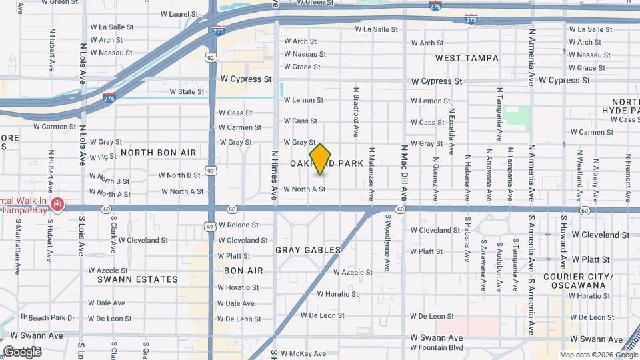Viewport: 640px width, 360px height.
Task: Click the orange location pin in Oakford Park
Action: point(321,159)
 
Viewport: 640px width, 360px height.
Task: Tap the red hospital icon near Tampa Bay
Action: point(58,203)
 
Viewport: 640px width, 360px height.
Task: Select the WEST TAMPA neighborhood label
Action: point(467,58)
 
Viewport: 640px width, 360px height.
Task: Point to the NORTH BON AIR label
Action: point(159,153)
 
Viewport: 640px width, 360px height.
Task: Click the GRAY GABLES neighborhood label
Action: point(308,250)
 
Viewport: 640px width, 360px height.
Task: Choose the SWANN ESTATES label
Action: point(137,279)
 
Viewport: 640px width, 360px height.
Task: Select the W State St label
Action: point(187,91)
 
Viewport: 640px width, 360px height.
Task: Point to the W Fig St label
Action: point(103,157)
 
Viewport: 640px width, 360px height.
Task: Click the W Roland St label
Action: point(238,225)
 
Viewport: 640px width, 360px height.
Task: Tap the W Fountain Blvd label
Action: point(437,347)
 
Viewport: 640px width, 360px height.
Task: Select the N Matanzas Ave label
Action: point(372,173)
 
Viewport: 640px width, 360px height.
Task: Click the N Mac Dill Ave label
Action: point(404,173)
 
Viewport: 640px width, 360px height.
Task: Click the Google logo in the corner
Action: point(22,351)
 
